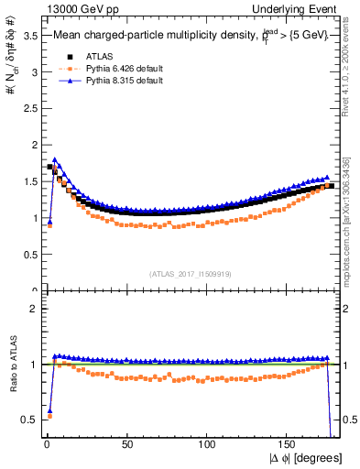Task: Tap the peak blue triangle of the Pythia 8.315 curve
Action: click(x=54, y=160)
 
